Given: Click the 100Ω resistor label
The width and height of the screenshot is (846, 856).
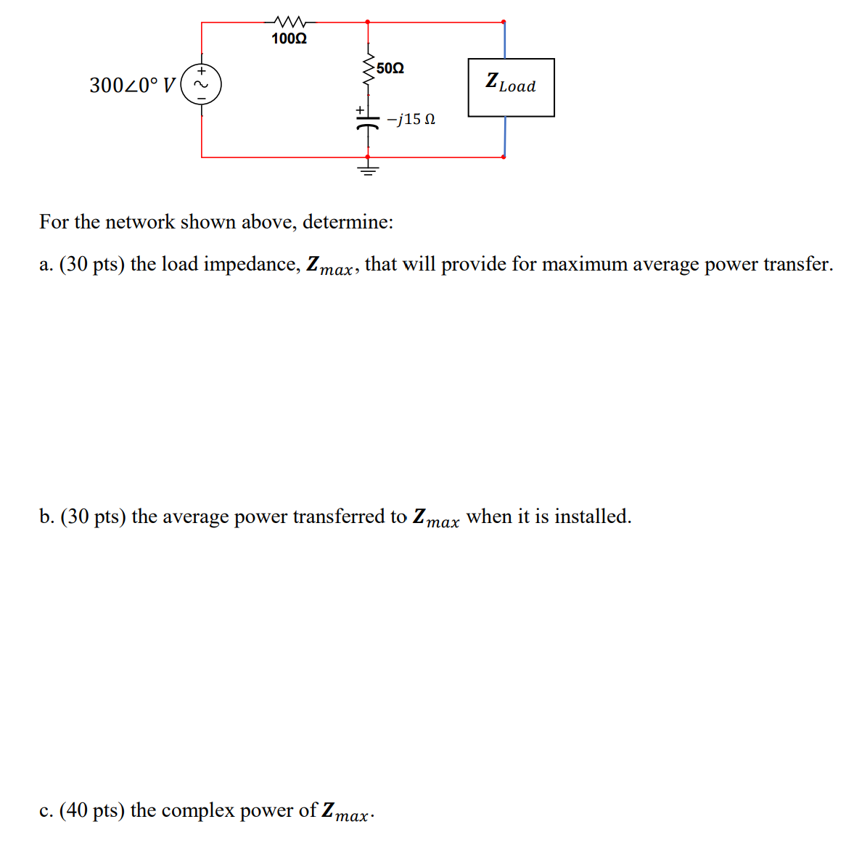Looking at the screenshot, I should tap(289, 39).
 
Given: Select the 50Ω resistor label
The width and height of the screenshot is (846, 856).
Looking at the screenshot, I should tap(390, 68).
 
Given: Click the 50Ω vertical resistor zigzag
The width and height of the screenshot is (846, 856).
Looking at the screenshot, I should tap(368, 70).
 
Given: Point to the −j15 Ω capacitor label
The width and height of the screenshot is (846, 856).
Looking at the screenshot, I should tap(411, 119).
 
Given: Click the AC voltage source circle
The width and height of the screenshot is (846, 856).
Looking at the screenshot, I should tap(201, 85).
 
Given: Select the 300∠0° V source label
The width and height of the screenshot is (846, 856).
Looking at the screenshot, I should tap(132, 86).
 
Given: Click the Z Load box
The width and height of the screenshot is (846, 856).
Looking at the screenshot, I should tap(511, 87).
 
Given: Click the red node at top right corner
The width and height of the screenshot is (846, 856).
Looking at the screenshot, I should tap(504, 22).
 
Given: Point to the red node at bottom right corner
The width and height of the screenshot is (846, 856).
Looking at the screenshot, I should tap(504, 156).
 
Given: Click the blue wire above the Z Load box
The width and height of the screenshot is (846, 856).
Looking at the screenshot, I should tap(504, 41).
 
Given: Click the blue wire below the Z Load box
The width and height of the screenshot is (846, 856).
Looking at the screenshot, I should tap(504, 136).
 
